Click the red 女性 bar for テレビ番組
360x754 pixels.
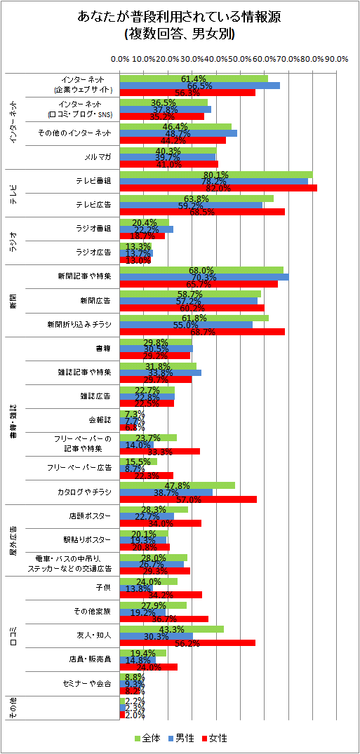(x=218, y=188)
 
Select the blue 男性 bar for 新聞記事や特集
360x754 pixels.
(x=204, y=277)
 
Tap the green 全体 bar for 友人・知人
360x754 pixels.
(x=172, y=629)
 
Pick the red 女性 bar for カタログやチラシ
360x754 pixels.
(x=188, y=499)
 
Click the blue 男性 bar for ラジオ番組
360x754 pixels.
(x=147, y=229)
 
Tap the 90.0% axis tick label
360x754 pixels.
(x=337, y=59)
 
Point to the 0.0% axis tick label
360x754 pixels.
(x=120, y=59)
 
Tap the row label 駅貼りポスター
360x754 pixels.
(x=90, y=539)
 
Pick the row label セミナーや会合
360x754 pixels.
(x=87, y=682)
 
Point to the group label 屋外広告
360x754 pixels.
(x=13, y=540)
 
